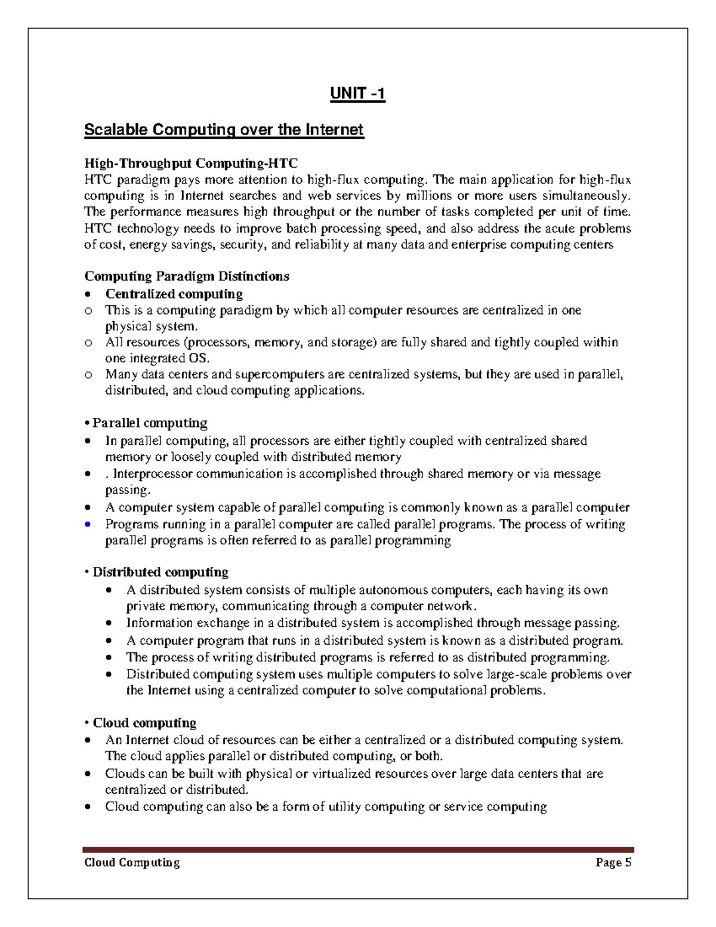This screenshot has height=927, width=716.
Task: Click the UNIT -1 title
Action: (x=358, y=94)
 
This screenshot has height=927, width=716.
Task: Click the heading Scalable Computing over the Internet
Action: (x=224, y=130)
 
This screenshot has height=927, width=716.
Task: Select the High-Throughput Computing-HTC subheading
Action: (x=190, y=163)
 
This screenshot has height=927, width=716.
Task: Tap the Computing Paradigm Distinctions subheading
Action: (x=187, y=276)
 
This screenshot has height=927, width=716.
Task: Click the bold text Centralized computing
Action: (x=174, y=294)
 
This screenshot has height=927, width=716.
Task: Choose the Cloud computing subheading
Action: (x=144, y=723)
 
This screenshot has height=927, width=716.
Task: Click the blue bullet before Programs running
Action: (x=88, y=525)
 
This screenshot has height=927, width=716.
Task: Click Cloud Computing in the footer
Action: (x=132, y=863)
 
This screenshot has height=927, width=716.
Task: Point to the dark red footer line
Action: (x=358, y=849)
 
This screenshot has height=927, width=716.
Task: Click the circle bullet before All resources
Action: (x=88, y=343)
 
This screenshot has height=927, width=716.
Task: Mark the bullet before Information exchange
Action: (x=108, y=624)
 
